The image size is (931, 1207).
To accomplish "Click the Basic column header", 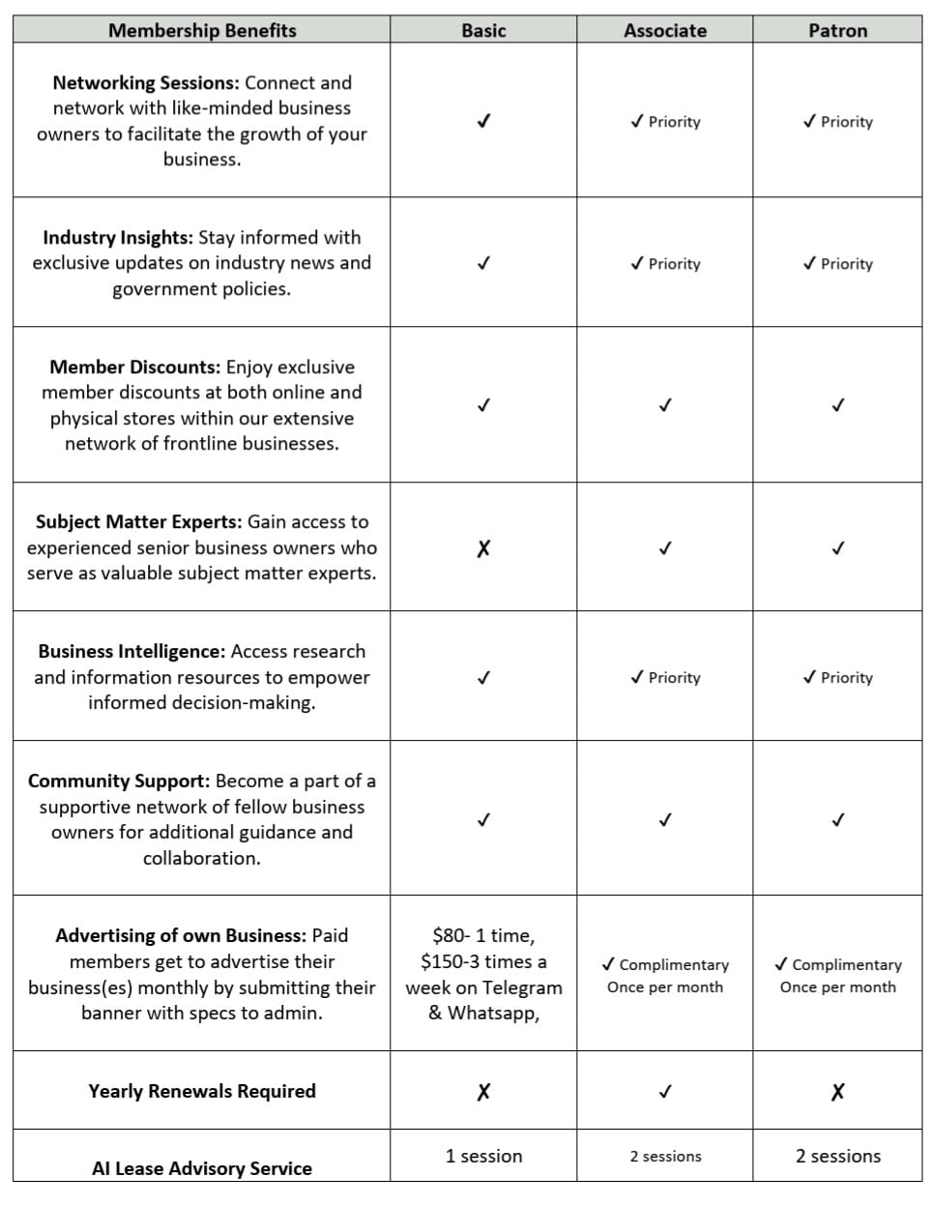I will (483, 30).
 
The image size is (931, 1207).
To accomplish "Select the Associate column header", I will (665, 30).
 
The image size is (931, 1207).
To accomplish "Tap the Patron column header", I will (837, 30).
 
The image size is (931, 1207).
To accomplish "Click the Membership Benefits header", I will (202, 30).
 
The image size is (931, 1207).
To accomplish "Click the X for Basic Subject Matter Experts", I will (483, 548).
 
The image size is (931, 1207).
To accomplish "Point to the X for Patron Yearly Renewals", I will (837, 1092).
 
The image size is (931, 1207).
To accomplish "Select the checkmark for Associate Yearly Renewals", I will (665, 1092).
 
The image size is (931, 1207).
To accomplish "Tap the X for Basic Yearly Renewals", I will (483, 1092).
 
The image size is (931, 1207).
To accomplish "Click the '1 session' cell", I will (483, 1156).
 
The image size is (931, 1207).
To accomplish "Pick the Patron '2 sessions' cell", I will (837, 1156).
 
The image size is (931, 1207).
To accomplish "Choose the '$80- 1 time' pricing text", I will (482, 935).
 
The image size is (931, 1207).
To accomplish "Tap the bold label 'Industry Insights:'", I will (117, 238).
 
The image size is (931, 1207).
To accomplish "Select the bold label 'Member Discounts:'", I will (134, 368).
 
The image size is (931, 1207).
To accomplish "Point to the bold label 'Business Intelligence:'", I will (131, 652).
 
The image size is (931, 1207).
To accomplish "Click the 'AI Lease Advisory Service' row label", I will (202, 1168).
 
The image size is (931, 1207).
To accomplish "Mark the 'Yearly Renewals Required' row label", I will (202, 1091).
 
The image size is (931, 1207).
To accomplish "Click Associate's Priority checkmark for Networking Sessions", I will (637, 122).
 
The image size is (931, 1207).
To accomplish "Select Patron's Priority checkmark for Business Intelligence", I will (810, 678).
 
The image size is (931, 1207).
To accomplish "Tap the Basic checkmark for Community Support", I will (483, 820).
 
